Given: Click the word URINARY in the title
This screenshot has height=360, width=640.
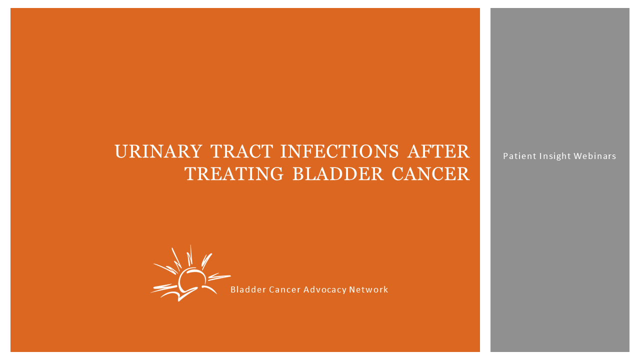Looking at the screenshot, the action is tap(158, 151).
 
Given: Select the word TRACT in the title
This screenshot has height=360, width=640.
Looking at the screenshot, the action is tap(241, 151).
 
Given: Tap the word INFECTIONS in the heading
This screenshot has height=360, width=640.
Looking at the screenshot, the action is tap(339, 151).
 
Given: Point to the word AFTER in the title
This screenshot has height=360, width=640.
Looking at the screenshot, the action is tap(438, 151).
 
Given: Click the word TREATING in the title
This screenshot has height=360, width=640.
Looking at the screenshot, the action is tap(233, 174).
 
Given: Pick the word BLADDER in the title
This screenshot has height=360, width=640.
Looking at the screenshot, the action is tap(338, 174).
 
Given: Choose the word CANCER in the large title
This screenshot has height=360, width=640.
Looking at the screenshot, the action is tap(430, 174).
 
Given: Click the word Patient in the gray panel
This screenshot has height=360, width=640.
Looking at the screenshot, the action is tap(519, 156).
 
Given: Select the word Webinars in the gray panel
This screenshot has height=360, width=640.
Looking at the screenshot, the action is tap(595, 156).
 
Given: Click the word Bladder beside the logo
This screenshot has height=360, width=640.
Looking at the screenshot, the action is tap(248, 289).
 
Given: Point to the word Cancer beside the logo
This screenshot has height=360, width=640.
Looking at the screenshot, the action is tap(285, 289).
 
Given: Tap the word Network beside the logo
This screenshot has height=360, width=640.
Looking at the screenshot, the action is tap(368, 289).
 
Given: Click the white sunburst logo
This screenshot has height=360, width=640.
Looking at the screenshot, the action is tap(190, 273).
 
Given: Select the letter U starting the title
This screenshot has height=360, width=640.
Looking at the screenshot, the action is tap(121, 151).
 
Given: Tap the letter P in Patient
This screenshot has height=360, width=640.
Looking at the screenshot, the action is tap(505, 156).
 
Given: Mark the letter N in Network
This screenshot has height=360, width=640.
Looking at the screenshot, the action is tap(352, 289).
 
